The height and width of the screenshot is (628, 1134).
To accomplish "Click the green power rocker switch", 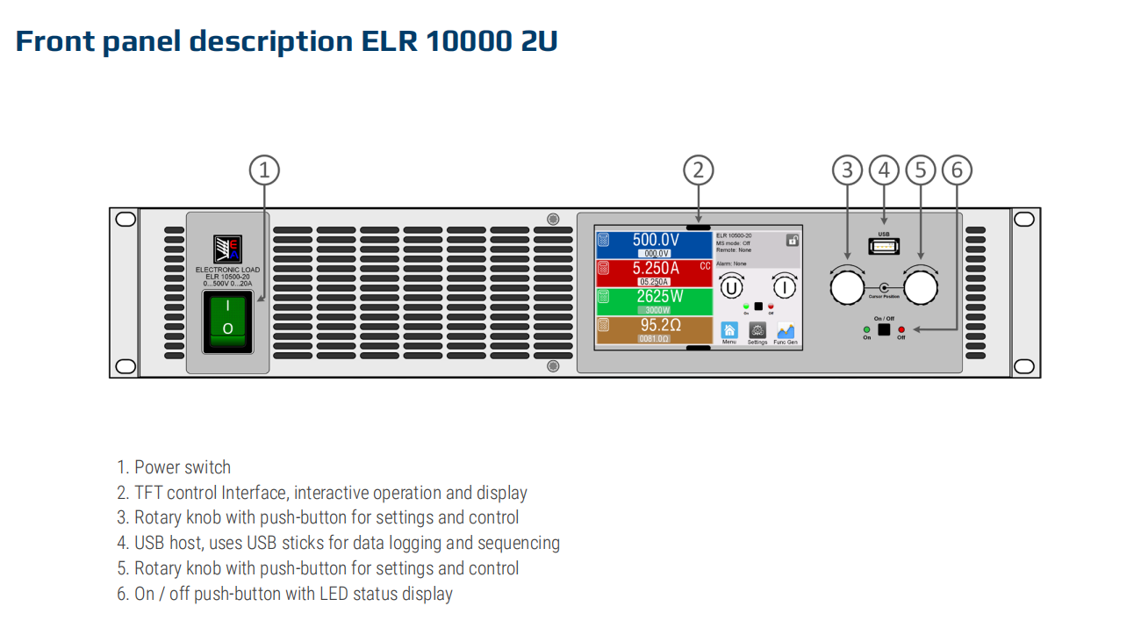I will pos(227,321).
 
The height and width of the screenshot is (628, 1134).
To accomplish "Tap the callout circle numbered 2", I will pos(698,170).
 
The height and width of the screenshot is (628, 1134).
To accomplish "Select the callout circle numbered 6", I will pos(957,170).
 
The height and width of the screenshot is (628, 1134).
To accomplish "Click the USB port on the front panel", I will pos(883,247).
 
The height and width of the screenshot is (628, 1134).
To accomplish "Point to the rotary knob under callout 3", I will pos(847,287).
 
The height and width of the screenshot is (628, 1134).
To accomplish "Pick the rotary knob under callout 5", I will pos(920,287).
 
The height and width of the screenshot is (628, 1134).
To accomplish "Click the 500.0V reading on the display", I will pos(656,240).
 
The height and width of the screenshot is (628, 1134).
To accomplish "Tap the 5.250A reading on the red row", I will pos(656,268).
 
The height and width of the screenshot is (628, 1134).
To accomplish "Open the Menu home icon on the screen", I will pos(728,330).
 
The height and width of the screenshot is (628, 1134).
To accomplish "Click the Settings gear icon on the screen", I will pos(757,330).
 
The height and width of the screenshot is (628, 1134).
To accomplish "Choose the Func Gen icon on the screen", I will pos(786,330).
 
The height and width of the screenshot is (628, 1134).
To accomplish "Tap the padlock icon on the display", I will pos(792,240).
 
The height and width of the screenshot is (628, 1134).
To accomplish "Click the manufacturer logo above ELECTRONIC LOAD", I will pos(227,249).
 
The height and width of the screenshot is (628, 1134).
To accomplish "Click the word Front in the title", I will pos(54,41).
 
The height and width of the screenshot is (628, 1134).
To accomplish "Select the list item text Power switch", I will pos(183,467).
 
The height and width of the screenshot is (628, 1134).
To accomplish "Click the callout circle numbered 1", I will pos(264,170).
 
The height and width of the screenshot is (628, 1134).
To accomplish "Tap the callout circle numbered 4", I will pos(883,170).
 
